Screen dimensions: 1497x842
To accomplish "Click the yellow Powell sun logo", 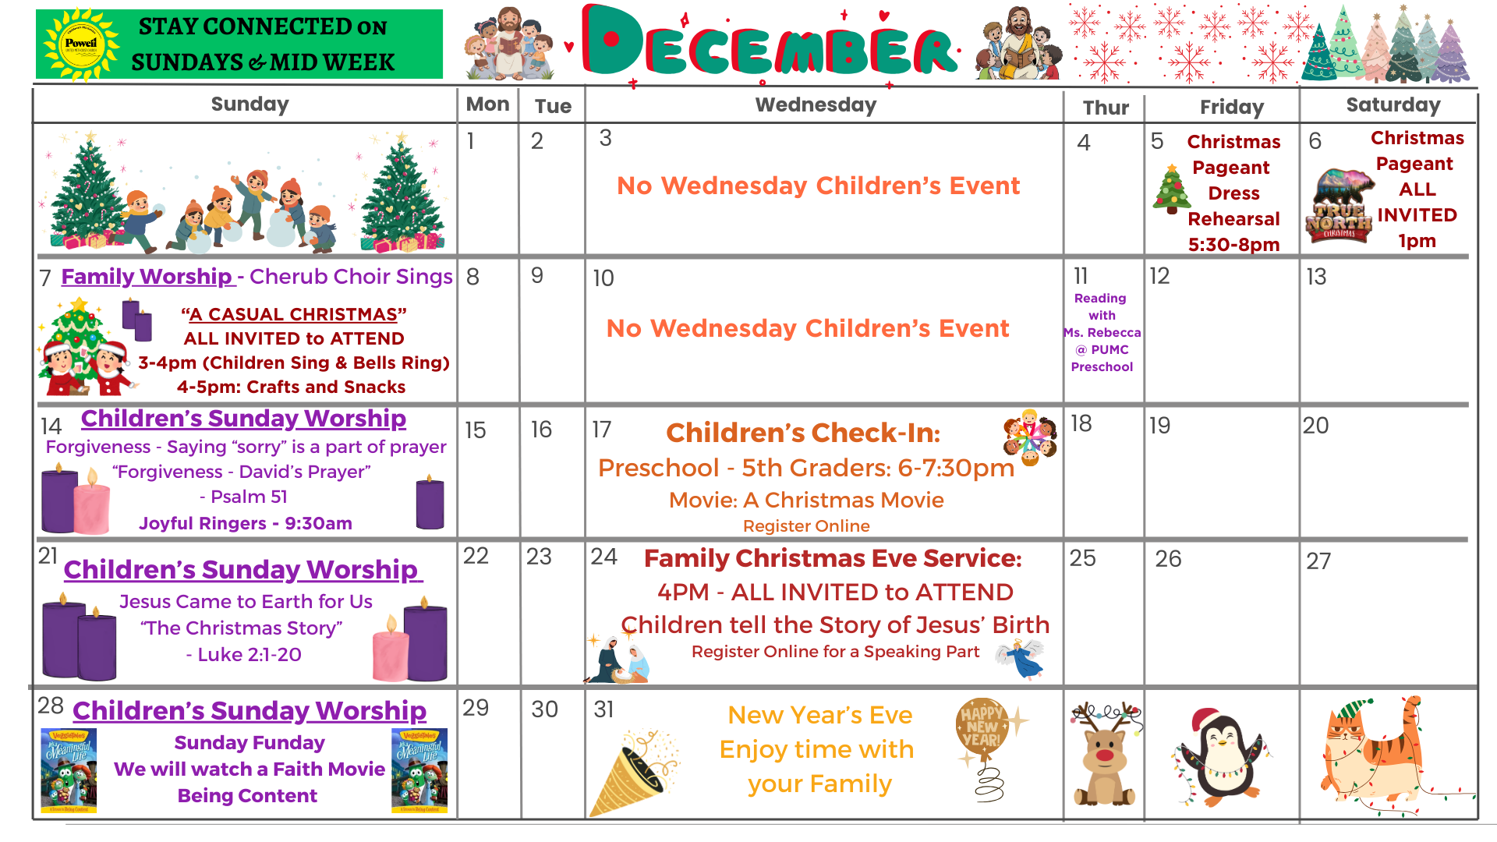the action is point(81,44).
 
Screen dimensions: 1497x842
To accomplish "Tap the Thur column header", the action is point(1106,108).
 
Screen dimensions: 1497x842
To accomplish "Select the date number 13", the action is point(1316,277).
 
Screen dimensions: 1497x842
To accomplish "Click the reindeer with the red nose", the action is point(1105,752).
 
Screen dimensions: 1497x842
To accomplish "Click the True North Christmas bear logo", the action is point(1339,206).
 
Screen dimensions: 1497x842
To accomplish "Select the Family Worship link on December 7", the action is point(147,277).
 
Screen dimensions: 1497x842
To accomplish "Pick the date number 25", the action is point(1082,558).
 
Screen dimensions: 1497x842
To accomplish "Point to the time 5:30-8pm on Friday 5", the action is point(1233,245).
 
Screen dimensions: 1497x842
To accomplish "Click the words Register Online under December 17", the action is point(806,526).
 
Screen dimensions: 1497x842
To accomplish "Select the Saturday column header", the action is point(1393,105).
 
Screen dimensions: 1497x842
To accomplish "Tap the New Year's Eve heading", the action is point(819,715).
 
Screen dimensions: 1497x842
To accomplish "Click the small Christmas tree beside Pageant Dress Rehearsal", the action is point(1171,189).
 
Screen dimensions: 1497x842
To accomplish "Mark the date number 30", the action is point(544,709).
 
